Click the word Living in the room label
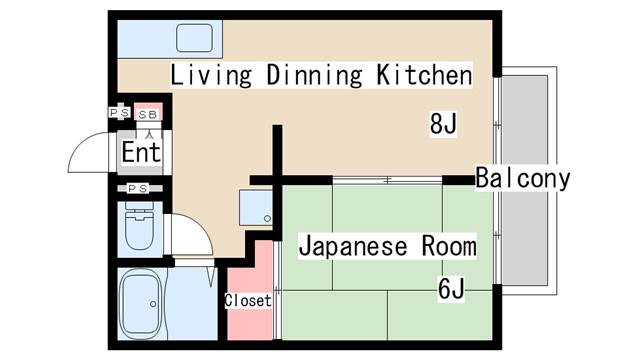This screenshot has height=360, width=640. pyautogui.click(x=211, y=76)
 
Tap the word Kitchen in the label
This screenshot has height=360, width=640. pyautogui.click(x=424, y=75)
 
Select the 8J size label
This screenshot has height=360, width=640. pyautogui.click(x=443, y=124)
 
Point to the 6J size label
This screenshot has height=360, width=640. pyautogui.click(x=451, y=288)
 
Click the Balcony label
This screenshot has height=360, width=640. pyautogui.click(x=523, y=178)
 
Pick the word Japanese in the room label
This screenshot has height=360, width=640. pyautogui.click(x=353, y=246)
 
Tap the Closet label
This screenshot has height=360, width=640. pyautogui.click(x=248, y=301)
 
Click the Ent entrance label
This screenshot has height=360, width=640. pyautogui.click(x=141, y=152)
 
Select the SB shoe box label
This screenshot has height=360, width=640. pyautogui.click(x=148, y=115)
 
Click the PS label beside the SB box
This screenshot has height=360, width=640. pyautogui.click(x=120, y=112)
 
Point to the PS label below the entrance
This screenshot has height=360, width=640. pyautogui.click(x=138, y=189)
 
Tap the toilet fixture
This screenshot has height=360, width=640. pyautogui.click(x=139, y=226)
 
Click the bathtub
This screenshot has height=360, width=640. pyautogui.click(x=141, y=304)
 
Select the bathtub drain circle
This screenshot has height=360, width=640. pyautogui.click(x=153, y=304)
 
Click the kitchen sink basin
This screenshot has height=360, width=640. pyautogui.click(x=194, y=38)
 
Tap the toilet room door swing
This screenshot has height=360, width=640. pyautogui.click(x=198, y=228)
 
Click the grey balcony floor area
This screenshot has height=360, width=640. pyautogui.click(x=525, y=180)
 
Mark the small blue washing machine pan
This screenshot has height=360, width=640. pyautogui.click(x=256, y=207)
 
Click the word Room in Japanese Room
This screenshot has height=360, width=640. pyautogui.click(x=449, y=246)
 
